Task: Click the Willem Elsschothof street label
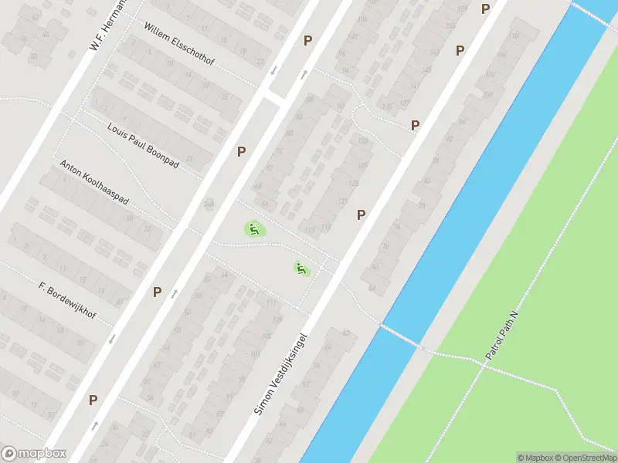tap(178, 44)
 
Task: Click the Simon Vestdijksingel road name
tap(281, 374)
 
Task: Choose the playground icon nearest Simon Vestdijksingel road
tap(301, 269)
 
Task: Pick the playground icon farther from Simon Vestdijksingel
tap(253, 228)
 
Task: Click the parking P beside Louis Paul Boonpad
tap(241, 152)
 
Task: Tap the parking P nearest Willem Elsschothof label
tap(307, 40)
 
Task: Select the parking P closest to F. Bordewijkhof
tap(157, 292)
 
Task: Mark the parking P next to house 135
tap(416, 125)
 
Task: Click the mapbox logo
tap(33, 454)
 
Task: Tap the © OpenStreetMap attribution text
tap(585, 458)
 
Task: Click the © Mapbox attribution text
tap(535, 458)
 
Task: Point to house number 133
tap(363, 141)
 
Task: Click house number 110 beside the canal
tap(513, 36)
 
